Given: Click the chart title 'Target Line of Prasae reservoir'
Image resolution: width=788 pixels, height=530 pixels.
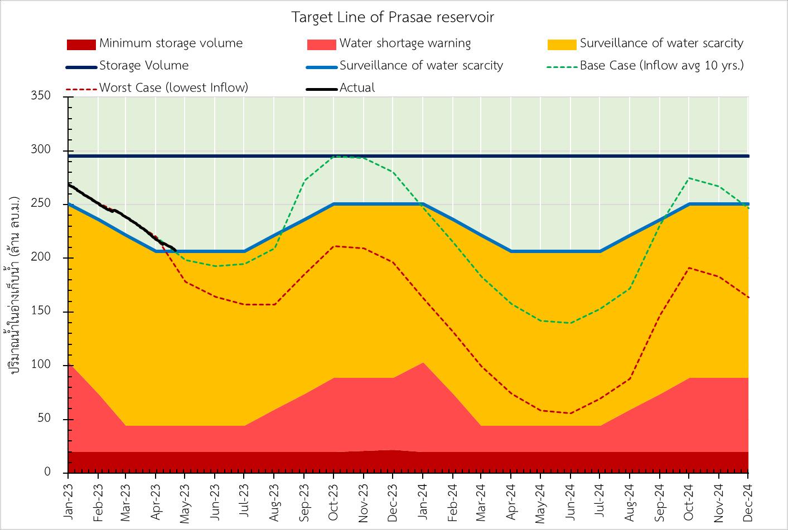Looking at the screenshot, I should click(x=393, y=17).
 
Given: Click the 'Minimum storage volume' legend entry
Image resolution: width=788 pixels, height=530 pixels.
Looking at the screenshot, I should click(x=171, y=43).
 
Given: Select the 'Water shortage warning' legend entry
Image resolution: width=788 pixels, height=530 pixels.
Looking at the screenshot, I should click(x=405, y=43).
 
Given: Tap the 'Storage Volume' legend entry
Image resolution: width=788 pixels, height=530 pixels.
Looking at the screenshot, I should click(x=144, y=66).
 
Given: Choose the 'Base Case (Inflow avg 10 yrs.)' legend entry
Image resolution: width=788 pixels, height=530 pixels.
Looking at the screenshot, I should click(x=661, y=66).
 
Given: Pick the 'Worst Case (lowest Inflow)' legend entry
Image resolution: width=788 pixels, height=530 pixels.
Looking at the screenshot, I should click(x=173, y=87).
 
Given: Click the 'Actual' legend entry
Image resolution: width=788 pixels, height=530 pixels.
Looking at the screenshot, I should click(x=357, y=87).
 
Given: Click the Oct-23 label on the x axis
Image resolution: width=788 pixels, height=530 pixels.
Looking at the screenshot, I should click(x=334, y=500).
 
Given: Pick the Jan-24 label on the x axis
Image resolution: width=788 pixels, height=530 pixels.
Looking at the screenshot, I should click(x=423, y=500).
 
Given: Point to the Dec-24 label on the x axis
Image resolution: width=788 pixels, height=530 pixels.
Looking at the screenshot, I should click(x=748, y=500).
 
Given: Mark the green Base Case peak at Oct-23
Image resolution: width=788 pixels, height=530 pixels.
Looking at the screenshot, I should click(x=333, y=156).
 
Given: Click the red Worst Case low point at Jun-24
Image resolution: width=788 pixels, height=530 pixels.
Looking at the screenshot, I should click(x=571, y=413).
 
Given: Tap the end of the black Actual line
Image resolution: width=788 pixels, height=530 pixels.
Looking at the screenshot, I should click(x=176, y=250).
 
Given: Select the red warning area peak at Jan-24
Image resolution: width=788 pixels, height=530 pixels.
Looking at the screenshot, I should click(x=423, y=363).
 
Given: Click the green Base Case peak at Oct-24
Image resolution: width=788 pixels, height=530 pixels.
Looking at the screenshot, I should click(x=689, y=178).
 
